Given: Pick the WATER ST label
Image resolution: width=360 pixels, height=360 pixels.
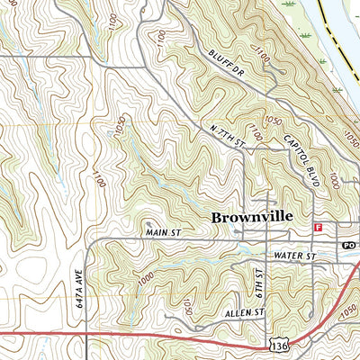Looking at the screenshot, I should [x=298, y=256].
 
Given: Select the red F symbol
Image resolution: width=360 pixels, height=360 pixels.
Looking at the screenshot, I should [x=318, y=227].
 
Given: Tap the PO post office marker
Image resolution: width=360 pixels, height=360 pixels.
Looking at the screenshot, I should [x=348, y=245].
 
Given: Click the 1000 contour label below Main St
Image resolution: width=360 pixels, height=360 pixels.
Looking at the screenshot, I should [x=146, y=275].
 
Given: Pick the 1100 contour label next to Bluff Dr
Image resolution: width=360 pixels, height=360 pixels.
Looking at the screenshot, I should [x=262, y=57].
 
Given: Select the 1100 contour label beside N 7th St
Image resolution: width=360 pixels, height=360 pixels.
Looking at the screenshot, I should [x=255, y=134].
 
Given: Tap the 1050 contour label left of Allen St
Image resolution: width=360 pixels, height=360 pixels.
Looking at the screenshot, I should [x=186, y=308].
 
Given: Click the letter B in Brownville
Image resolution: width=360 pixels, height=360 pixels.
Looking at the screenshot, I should [x=217, y=217].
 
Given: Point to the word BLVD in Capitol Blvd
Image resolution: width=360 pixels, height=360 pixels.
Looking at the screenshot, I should [x=311, y=176].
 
